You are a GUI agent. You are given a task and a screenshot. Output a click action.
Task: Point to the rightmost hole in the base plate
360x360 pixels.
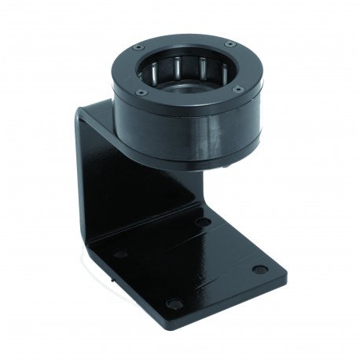[x=259, y=270]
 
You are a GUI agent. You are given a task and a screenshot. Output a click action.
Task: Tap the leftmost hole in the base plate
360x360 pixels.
[x=120, y=254]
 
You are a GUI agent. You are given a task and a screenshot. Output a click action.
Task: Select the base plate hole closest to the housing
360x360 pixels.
[x=203, y=222]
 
